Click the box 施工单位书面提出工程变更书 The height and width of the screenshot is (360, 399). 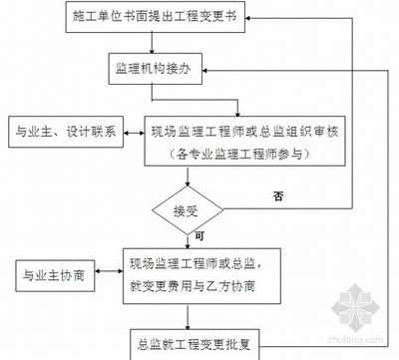coord(163,18)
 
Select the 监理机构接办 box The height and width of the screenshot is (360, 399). coord(161,71)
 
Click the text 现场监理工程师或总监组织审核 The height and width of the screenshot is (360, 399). coord(235,131)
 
